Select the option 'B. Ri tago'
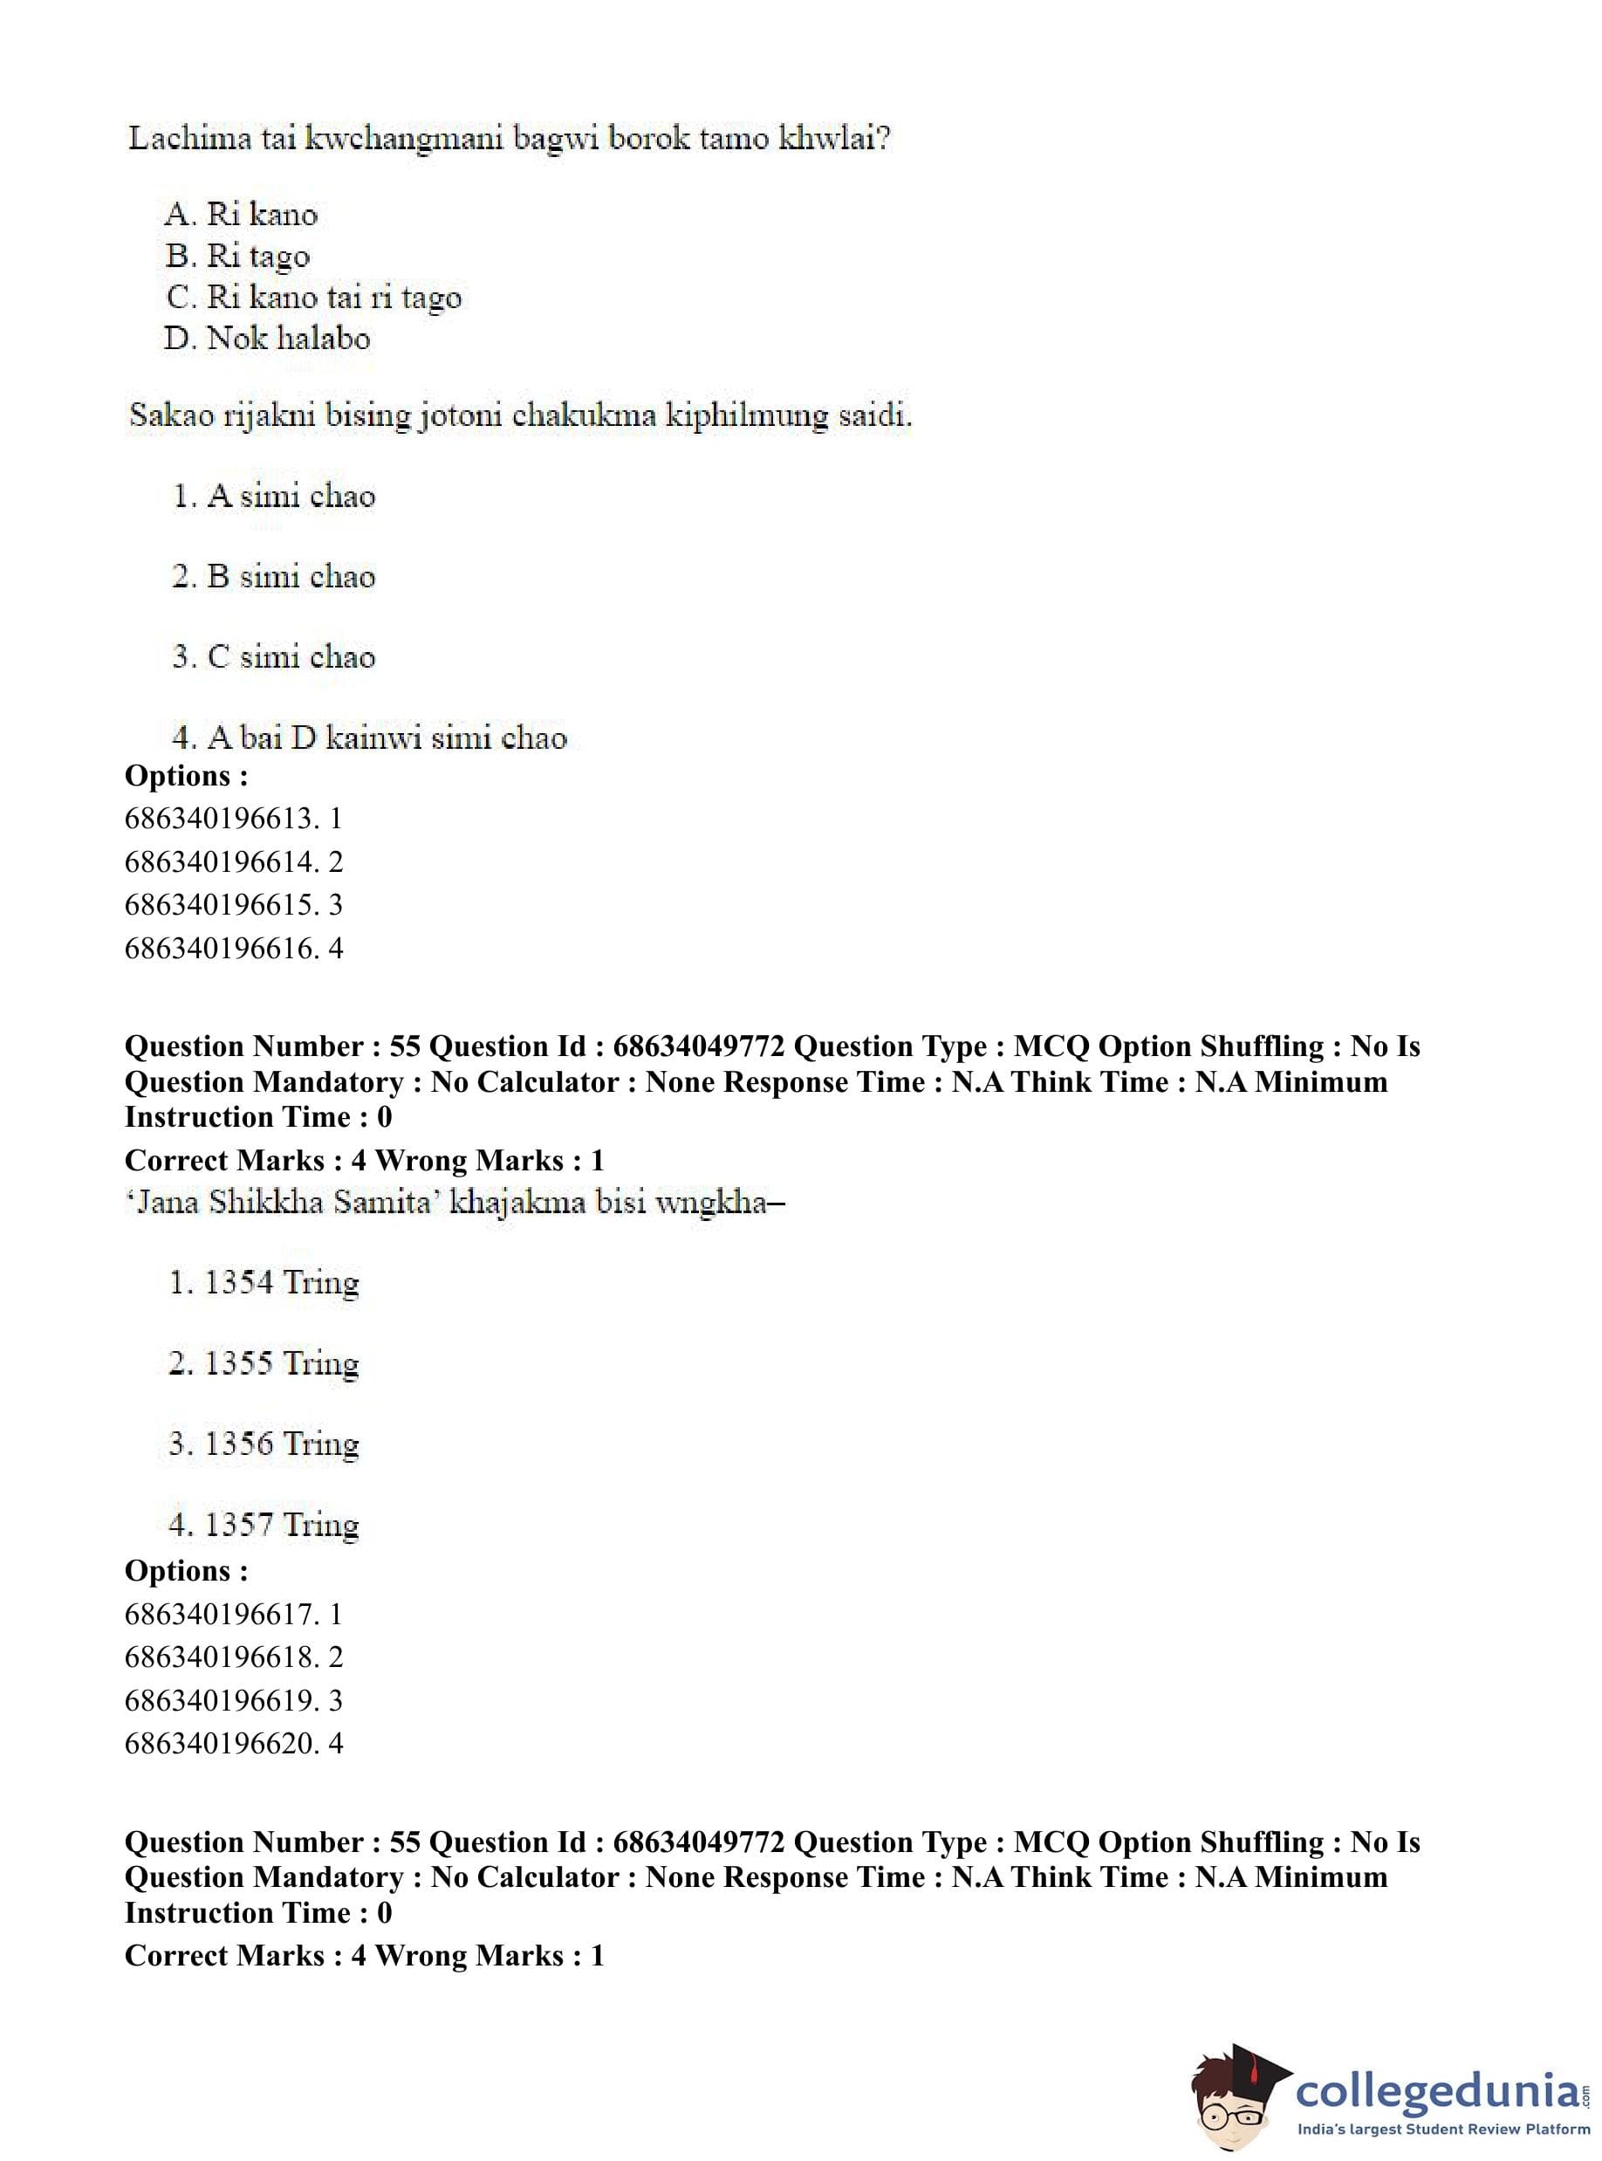coord(237,256)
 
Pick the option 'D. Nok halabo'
coord(268,339)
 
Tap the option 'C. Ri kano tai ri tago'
coord(313,297)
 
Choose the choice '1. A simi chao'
coord(273,497)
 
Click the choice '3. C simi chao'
coord(273,657)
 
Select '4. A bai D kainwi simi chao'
coord(368,738)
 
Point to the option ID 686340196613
coord(233,819)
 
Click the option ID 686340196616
coord(233,948)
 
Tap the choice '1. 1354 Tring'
coord(264,1283)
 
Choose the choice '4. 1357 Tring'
coord(264,1525)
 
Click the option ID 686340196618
coord(233,1657)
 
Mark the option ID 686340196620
coord(233,1743)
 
